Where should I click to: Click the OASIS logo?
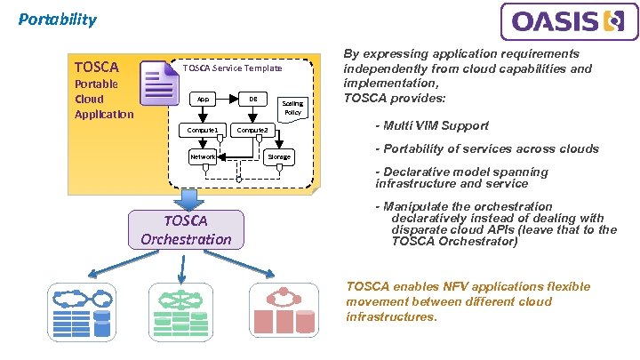pyautogui.click(x=570, y=21)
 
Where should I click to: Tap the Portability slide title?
pyautogui.click(x=58, y=20)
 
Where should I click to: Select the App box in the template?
pyautogui.click(x=203, y=100)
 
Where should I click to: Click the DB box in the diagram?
pyautogui.click(x=253, y=100)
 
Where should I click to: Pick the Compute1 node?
pyautogui.click(x=203, y=130)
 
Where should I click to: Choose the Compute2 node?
pyautogui.click(x=252, y=130)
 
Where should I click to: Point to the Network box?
pyautogui.click(x=203, y=156)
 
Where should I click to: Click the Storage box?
pyautogui.click(x=279, y=156)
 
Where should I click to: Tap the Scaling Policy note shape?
pyautogui.click(x=292, y=109)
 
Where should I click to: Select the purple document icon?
pyautogui.click(x=159, y=83)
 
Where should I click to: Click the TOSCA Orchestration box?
pyautogui.click(x=186, y=230)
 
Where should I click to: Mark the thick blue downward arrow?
pyautogui.click(x=188, y=200)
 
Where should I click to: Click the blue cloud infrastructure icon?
pyautogui.click(x=82, y=312)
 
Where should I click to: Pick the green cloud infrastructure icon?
pyautogui.click(x=180, y=312)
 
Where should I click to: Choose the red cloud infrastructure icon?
pyautogui.click(x=284, y=311)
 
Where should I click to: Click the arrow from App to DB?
pyautogui.click(x=227, y=100)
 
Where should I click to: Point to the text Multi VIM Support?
pyautogui.click(x=436, y=125)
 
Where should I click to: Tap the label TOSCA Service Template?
pyautogui.click(x=232, y=68)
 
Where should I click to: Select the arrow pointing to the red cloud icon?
pyautogui.click(x=239, y=264)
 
